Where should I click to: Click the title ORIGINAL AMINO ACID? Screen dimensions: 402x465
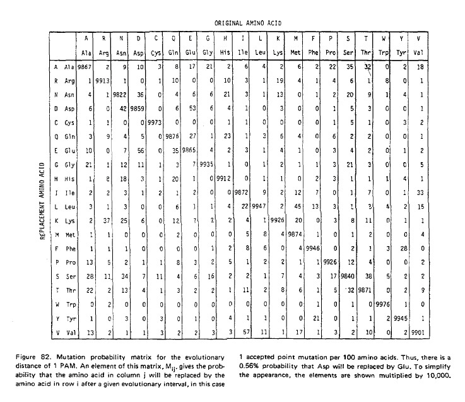click(x=248, y=23)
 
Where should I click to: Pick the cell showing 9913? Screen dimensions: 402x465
click(x=103, y=80)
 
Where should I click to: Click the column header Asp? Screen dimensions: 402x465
click(x=141, y=49)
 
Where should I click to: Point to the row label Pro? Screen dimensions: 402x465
click(x=68, y=263)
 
